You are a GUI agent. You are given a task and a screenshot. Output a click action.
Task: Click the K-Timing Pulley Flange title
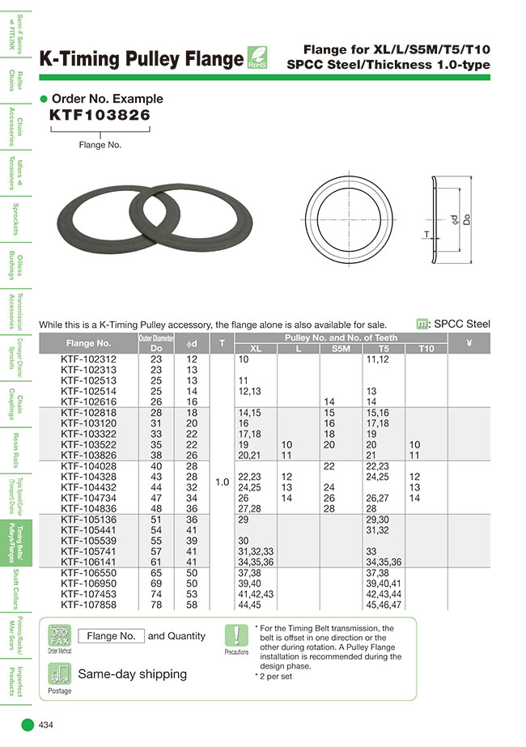pyautogui.click(x=141, y=59)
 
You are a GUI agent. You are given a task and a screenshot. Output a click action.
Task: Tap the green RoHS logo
pyautogui.click(x=257, y=58)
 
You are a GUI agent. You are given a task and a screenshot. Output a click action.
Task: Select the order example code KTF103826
pyautogui.click(x=100, y=116)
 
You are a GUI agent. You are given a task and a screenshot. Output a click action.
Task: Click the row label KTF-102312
pyautogui.click(x=89, y=359)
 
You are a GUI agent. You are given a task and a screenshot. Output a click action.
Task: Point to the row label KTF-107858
pyautogui.click(x=89, y=605)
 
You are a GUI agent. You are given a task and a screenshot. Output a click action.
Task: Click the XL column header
pyautogui.click(x=256, y=348)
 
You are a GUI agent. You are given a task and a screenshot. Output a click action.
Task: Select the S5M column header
pyautogui.click(x=341, y=348)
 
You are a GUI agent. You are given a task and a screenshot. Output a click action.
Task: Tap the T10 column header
pyautogui.click(x=426, y=348)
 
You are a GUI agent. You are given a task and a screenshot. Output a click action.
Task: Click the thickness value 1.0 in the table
pyautogui.click(x=223, y=482)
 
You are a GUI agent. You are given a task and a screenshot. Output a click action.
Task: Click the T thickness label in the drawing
pyautogui.click(x=425, y=234)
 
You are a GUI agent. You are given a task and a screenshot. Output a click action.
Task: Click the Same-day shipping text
pyautogui.click(x=132, y=673)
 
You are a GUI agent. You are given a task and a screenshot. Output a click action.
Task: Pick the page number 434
pyautogui.click(x=49, y=725)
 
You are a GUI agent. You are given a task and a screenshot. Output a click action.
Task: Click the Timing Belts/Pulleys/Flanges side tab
pyautogui.click(x=17, y=543)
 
